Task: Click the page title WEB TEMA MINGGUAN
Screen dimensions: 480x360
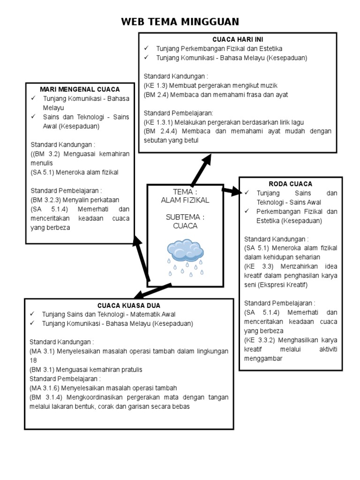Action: click(180, 22)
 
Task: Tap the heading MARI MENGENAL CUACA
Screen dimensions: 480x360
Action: click(80, 89)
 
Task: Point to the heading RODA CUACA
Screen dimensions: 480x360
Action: click(290, 184)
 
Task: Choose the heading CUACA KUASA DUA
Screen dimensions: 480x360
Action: click(128, 305)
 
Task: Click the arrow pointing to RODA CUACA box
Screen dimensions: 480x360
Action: click(231, 191)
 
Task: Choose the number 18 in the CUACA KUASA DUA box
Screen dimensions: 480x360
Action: click(33, 360)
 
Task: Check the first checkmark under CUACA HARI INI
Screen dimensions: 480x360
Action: click(146, 48)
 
